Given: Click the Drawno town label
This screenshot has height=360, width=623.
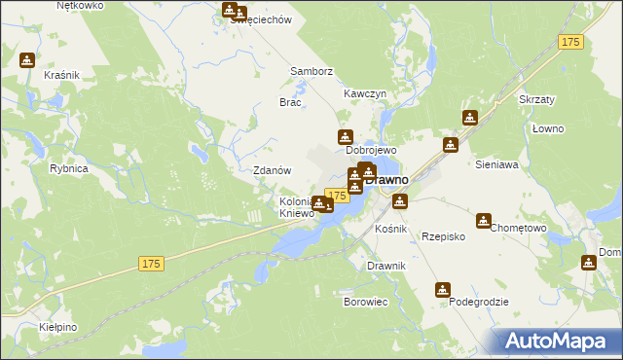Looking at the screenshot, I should pos(387,180).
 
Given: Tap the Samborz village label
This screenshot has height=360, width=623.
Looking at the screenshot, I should pos(311,71).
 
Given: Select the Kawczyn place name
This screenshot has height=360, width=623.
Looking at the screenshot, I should pos(365,93).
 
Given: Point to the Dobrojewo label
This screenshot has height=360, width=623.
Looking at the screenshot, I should pos(371,152).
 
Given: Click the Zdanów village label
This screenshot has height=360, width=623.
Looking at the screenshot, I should pos(273,170).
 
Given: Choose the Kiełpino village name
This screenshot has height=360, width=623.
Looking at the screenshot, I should pos(59,327).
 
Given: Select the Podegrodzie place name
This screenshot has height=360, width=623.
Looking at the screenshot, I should pos(479,303).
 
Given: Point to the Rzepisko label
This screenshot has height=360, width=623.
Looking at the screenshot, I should pos(443,236).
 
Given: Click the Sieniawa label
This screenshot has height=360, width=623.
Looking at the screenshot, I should pos(497,165).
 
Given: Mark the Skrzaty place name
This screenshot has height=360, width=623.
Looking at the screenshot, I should pos(536,100).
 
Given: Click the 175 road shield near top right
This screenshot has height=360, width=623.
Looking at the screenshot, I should pos(571,42).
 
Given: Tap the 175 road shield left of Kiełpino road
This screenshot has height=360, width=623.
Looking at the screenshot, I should pos(150,264).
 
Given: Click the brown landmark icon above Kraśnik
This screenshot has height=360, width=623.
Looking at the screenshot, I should pos(26,59).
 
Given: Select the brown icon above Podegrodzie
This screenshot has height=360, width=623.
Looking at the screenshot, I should pos(443,290).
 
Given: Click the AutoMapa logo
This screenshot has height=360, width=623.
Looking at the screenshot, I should pos(556,341).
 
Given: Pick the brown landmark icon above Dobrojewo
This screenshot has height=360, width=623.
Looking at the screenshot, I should pos(345,137).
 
